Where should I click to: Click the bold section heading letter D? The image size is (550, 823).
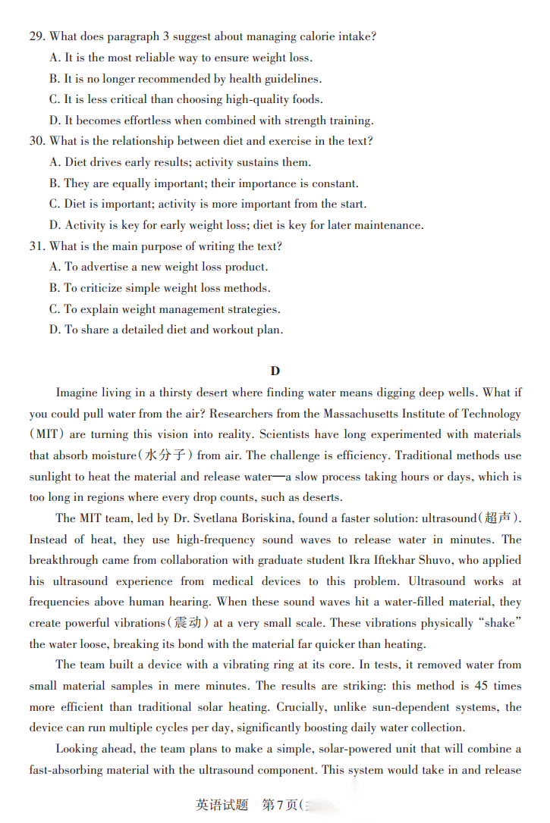tap(275, 371)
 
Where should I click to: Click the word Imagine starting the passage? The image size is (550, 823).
tap(78, 393)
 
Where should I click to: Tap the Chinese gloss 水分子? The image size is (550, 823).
tap(165, 455)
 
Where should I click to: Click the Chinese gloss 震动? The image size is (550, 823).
tap(187, 623)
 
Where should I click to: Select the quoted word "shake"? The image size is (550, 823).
tap(498, 623)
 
